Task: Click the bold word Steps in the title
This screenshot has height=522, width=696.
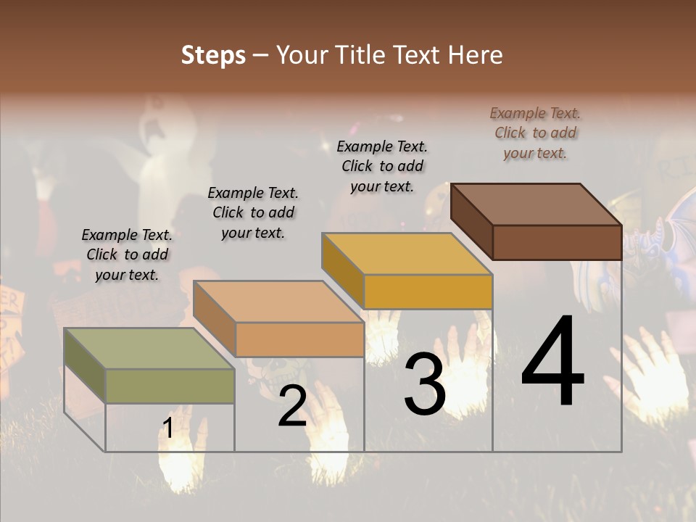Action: (213, 55)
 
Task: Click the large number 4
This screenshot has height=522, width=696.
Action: (552, 362)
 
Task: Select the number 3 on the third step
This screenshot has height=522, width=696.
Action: (424, 384)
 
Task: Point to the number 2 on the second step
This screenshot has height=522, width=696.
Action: (292, 406)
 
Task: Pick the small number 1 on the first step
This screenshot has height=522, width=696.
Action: (167, 428)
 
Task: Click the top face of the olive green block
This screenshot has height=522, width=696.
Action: (149, 348)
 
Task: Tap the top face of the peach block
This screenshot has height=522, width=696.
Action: (278, 301)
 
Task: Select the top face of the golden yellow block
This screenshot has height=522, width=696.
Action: (407, 254)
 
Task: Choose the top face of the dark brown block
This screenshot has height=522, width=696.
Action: (536, 204)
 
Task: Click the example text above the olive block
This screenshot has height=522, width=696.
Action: (127, 254)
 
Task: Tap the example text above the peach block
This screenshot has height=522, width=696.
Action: (253, 212)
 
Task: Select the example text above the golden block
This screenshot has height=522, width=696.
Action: (382, 166)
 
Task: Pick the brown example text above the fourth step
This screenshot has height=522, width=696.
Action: (535, 133)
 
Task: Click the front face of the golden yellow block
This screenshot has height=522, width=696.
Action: (428, 292)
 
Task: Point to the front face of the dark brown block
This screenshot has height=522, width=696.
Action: (557, 242)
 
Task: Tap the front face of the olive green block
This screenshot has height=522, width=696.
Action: (170, 386)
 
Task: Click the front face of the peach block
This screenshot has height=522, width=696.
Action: (299, 339)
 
